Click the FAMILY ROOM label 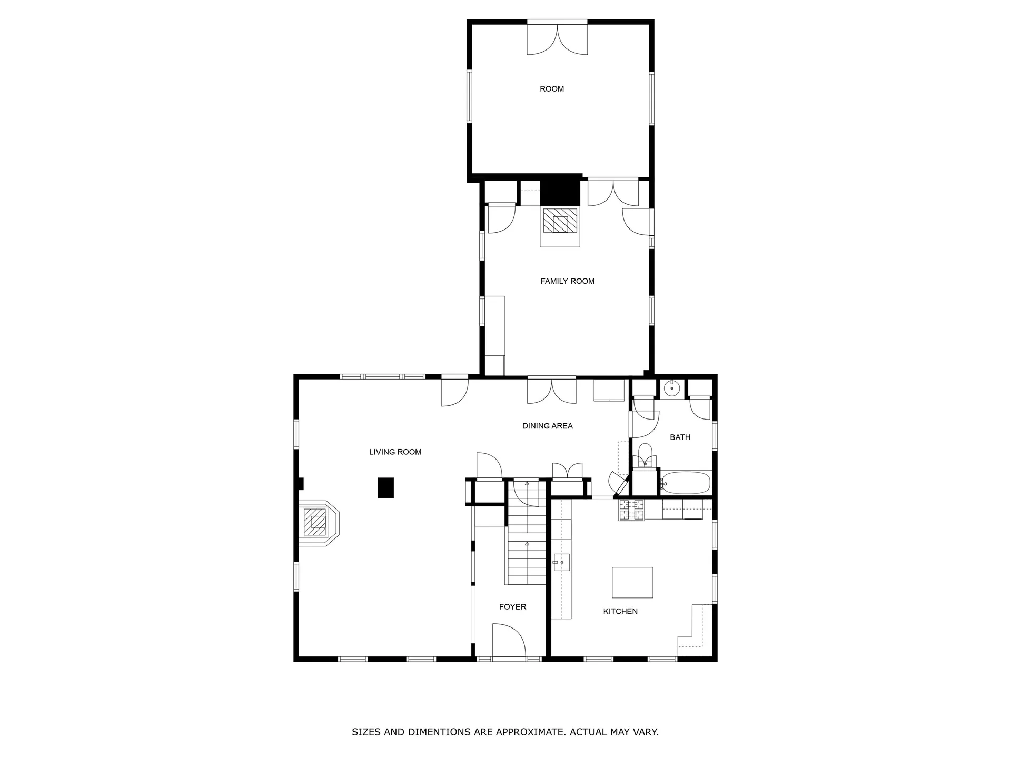[x=567, y=281]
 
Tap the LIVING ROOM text [x=395, y=452]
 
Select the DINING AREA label [x=547, y=426]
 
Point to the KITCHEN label [x=620, y=611]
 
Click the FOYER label [x=512, y=607]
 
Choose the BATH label [x=680, y=437]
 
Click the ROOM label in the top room [x=552, y=89]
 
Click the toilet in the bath [x=645, y=455]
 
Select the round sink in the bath [x=672, y=388]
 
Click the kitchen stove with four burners [x=631, y=510]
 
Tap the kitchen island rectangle [x=632, y=582]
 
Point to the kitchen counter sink [x=561, y=563]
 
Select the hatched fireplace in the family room [x=560, y=221]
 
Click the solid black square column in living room [x=386, y=487]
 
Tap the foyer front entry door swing [x=509, y=640]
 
